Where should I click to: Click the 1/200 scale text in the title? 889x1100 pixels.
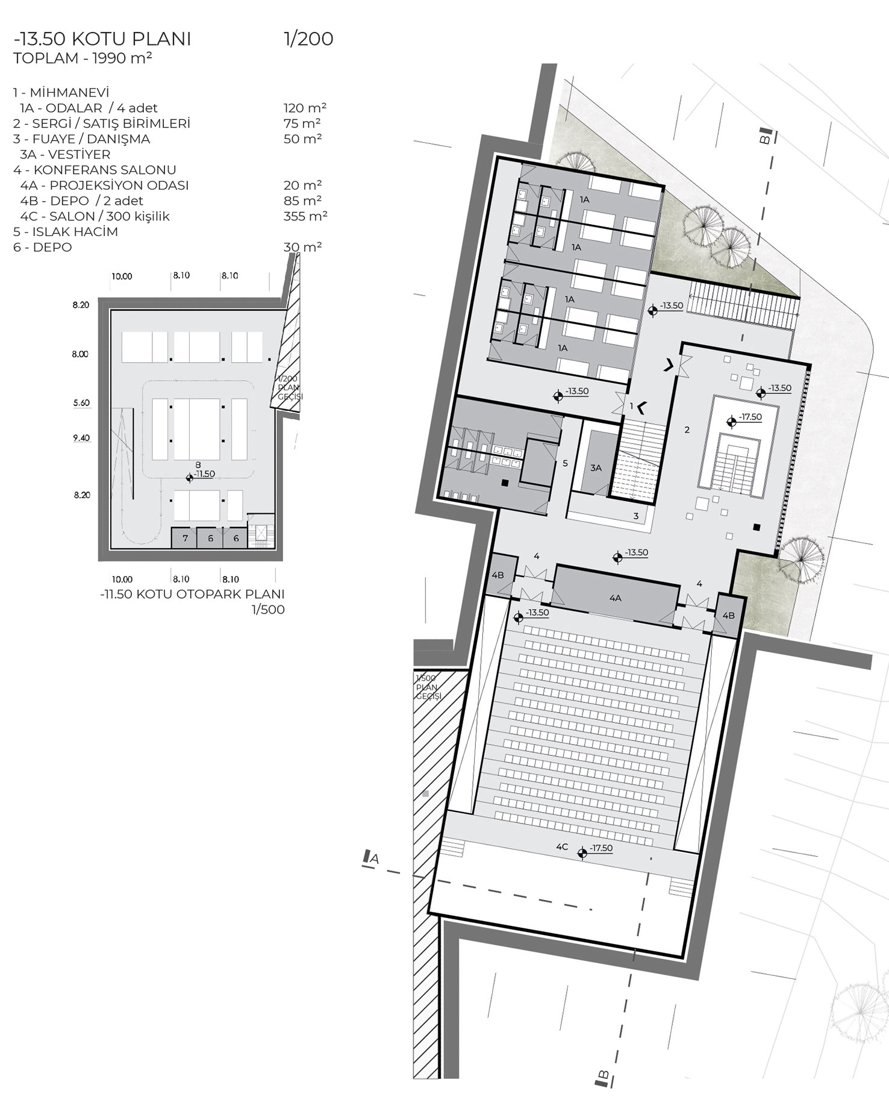(308, 39)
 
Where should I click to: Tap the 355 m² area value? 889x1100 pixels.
(305, 216)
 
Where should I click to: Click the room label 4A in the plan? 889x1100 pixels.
(614, 598)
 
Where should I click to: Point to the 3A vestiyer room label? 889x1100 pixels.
(596, 467)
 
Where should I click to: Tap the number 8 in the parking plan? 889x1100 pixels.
(198, 464)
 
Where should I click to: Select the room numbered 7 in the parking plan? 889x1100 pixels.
(186, 538)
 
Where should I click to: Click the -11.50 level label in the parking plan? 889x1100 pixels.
(204, 474)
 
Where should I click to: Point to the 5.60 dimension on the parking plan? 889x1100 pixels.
(81, 403)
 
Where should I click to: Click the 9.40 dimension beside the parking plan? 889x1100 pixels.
(81, 438)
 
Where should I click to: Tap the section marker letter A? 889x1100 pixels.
(375, 859)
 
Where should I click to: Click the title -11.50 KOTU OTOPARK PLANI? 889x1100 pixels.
(193, 594)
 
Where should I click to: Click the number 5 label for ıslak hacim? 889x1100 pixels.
(565, 463)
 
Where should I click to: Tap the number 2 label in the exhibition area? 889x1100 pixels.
(687, 430)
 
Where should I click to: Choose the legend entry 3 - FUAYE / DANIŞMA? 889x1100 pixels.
(81, 139)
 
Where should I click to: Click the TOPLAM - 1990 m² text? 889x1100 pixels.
(83, 58)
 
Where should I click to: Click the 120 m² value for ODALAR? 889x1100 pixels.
(305, 108)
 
